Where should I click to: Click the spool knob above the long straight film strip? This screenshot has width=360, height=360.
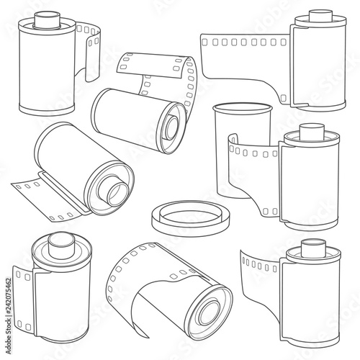(x=320, y=17)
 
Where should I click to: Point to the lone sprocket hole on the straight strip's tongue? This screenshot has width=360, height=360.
(x=284, y=98)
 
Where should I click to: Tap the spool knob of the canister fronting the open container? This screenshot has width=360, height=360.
(x=312, y=132)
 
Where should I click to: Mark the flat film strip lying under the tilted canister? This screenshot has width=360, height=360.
(x=48, y=197)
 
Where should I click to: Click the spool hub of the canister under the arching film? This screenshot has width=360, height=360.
(x=171, y=127)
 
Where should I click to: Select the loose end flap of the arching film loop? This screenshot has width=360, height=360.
(x=150, y=66)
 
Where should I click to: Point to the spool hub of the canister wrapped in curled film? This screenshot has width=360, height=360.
(x=210, y=312)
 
